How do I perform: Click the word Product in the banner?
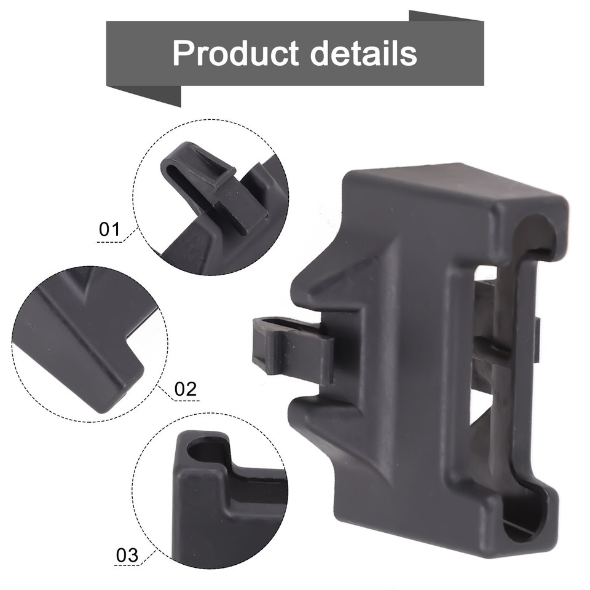237,53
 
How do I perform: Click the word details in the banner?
364,53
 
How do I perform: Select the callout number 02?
185,388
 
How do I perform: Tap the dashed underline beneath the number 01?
111,242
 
